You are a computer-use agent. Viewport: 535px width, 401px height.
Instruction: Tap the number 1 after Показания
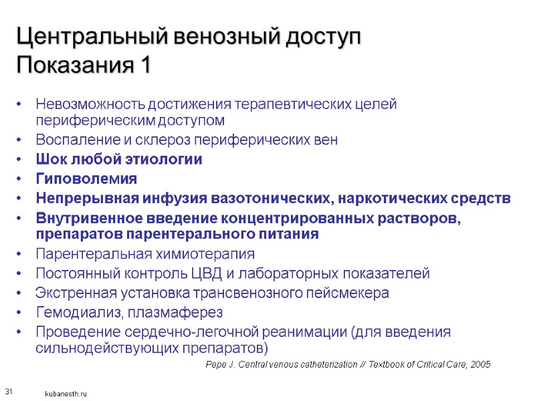tap(144, 66)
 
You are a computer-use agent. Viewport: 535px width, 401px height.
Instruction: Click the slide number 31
tap(9, 390)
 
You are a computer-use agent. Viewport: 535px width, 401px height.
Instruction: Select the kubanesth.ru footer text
tap(66, 395)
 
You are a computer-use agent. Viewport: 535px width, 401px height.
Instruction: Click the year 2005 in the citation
tap(480, 364)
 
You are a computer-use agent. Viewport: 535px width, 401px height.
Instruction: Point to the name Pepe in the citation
tap(217, 364)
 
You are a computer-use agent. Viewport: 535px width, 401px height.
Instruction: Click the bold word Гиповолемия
tap(86, 179)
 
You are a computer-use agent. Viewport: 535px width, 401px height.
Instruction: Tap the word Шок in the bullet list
tap(50, 160)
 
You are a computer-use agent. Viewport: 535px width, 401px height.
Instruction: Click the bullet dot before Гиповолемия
tap(21, 179)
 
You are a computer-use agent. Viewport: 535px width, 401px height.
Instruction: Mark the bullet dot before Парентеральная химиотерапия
tap(21, 254)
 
